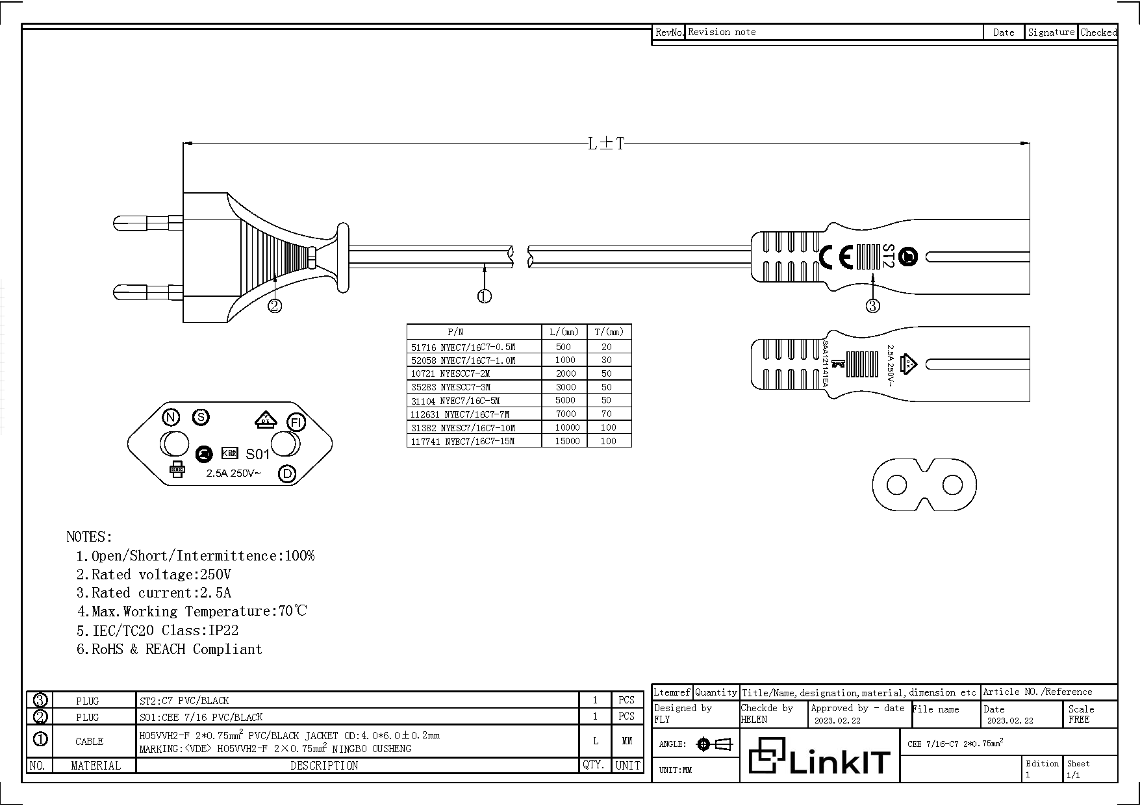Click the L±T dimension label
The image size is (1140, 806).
[x=605, y=144]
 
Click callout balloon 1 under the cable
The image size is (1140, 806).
[x=485, y=296]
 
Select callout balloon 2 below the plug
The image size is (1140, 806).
[x=275, y=305]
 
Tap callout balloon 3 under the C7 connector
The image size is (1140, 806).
[x=872, y=305]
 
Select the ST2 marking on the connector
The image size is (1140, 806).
[x=888, y=256]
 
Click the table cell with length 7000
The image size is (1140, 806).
[x=565, y=414]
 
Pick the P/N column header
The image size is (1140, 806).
[x=455, y=331]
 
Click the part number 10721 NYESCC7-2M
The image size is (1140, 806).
[x=450, y=373]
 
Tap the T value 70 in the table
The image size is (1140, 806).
[x=606, y=414]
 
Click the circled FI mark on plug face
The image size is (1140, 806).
[x=296, y=423]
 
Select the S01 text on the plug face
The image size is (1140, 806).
[x=257, y=454]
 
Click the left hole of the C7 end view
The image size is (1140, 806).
[x=896, y=485]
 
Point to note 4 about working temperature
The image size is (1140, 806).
[x=192, y=611]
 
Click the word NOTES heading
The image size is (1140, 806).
[x=89, y=537]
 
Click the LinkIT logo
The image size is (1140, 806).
[x=819, y=756]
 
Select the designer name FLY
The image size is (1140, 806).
[x=662, y=720]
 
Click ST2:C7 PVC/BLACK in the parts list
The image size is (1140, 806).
[x=184, y=700]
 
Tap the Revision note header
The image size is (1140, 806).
[x=722, y=32]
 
